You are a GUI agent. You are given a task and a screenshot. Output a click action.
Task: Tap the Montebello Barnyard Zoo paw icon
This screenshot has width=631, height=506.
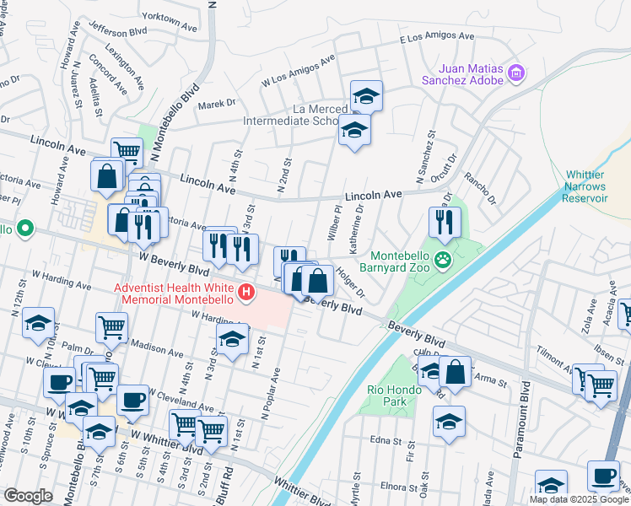pos(443,260)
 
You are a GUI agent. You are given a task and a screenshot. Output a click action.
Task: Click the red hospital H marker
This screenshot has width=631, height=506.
pos(246,293)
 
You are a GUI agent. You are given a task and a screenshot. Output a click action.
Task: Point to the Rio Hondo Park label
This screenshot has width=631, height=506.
pos(386,396)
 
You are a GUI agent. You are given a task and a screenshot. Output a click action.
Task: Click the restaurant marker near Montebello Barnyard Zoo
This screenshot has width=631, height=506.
pos(444,222)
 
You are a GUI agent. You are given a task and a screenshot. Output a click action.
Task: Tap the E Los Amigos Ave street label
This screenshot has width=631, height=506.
pos(437,38)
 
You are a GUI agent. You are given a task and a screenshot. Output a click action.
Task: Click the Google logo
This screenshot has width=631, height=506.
pos(28,496)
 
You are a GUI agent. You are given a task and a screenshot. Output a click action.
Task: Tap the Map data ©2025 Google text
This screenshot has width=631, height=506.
pos(580,499)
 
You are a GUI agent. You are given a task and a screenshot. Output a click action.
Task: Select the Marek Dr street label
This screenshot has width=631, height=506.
pos(217,104)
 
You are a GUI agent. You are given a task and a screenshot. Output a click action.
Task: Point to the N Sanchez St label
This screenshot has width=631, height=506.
pos(423,157)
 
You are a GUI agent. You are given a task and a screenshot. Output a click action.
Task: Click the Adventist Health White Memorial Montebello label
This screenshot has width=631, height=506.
pos(175,293)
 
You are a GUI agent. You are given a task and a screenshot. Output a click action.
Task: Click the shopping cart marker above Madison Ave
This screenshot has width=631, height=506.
pos(111,326)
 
